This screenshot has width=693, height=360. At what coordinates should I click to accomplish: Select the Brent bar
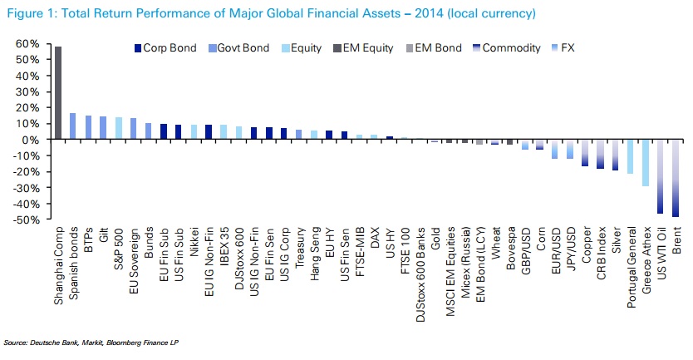(676, 178)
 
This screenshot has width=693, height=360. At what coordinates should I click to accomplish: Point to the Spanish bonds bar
(73, 126)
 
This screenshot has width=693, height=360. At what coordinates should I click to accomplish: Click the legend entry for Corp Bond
(165, 48)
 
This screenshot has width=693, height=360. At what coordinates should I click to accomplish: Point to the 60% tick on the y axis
(27, 44)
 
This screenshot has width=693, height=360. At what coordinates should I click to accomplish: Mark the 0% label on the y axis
(30, 141)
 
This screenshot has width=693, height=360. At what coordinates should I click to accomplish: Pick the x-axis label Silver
(616, 240)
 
